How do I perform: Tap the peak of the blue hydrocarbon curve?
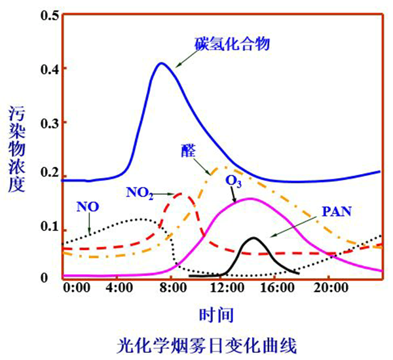coord(161,63)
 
